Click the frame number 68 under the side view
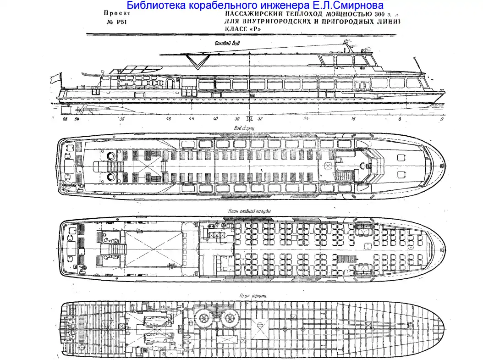click(65, 119)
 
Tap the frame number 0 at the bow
click(441, 119)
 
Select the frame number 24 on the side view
click(305, 119)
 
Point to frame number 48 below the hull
click(169, 119)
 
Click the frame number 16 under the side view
click(353, 119)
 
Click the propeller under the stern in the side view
click(81, 110)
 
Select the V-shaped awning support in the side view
click(198, 62)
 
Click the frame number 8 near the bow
click(399, 119)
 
